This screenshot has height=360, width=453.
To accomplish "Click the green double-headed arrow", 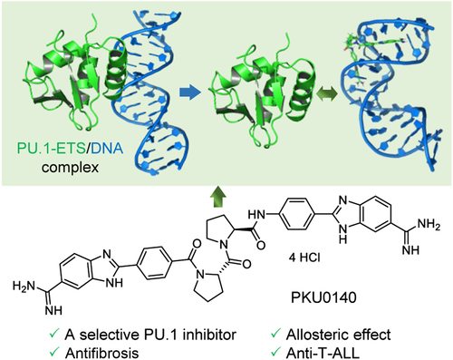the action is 327,93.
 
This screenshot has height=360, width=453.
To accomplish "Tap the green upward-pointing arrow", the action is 218,198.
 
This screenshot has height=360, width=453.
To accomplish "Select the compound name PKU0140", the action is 323,297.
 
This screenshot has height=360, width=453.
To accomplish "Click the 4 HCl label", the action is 304,258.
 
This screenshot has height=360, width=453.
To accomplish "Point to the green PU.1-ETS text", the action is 51,148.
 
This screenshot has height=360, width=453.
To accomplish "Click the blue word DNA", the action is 107,148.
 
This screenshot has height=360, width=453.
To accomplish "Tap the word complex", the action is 70,167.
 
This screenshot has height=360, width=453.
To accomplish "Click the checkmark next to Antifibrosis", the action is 54,352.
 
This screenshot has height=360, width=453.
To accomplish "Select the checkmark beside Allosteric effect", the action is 275,334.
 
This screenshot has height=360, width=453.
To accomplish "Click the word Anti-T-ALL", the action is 323,353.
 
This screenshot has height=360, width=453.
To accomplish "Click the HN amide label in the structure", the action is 256,215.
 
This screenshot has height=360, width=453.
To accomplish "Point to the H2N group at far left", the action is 24,286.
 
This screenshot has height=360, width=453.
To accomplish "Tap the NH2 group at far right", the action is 429,225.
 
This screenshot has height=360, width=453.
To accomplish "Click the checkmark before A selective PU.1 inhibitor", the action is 54,334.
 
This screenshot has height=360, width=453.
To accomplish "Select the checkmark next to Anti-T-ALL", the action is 275,352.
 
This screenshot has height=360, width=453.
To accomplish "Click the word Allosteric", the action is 313,335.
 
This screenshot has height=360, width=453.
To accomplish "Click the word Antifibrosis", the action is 101,353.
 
